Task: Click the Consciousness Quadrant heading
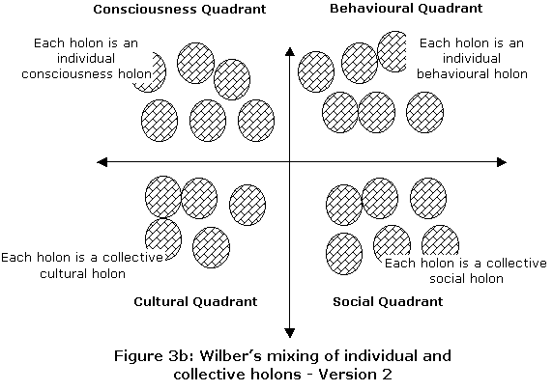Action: pos(180,9)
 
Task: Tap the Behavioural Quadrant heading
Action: pos(406,8)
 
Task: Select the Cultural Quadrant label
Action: pos(195,301)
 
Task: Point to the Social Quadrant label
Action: pos(388,301)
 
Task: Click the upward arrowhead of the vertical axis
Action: pos(289,52)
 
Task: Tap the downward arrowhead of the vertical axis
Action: pos(289,333)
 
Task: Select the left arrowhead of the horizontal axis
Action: pos(102,162)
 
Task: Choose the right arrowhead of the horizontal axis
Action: pos(502,162)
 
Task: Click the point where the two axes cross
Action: pos(289,162)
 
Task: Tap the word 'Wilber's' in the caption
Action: pos(230,356)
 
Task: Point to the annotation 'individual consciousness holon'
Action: pos(86,67)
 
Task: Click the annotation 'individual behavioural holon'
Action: pos(472,67)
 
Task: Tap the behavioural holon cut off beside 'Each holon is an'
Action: pos(393,51)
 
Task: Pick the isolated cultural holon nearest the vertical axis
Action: pos(247,205)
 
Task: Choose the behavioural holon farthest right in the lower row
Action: pos(424,112)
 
